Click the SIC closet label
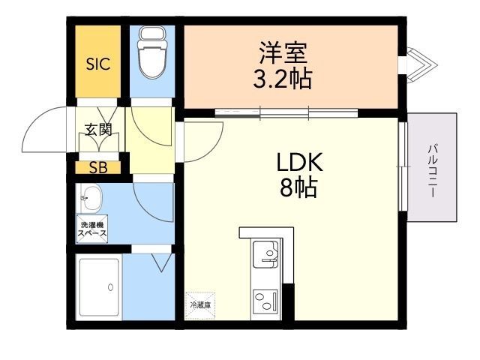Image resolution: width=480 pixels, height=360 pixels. [98, 64]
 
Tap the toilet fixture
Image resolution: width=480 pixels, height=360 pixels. [152, 52]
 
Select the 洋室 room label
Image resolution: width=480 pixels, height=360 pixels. [283, 52]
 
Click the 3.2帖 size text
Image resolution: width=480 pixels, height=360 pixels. [283, 79]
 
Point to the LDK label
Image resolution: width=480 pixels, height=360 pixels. [299, 162]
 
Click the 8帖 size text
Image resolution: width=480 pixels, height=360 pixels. [298, 187]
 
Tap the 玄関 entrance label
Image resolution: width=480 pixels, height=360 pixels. [98, 130]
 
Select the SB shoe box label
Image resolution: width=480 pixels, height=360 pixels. [98, 167]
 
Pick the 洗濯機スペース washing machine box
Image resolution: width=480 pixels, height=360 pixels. [91, 229]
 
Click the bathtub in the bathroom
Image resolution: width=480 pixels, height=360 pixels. [99, 286]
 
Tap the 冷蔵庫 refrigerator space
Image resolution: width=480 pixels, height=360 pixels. [200, 305]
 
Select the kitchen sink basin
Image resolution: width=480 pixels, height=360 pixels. [265, 253]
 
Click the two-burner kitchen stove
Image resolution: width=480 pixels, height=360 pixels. [265, 301]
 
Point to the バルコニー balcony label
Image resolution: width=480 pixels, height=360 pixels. [432, 171]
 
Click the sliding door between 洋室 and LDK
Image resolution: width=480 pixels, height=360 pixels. [286, 113]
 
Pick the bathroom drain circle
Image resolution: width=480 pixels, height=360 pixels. [110, 287]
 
